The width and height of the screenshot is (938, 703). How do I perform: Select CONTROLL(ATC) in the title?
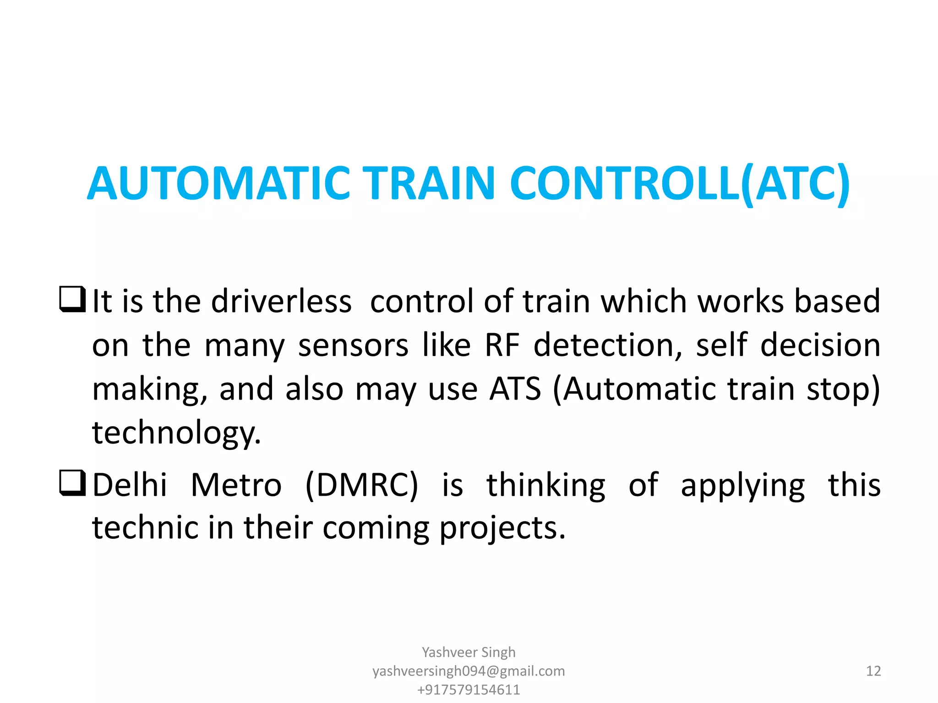pyautogui.click(x=680, y=183)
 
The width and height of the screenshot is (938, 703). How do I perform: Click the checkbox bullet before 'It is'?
pyautogui.click(x=72, y=299)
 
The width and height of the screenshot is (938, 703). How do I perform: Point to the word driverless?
pyautogui.click(x=281, y=302)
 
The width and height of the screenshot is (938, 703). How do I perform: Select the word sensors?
pyautogui.click(x=353, y=346)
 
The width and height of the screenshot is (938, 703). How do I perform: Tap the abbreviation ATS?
pyautogui.click(x=515, y=389)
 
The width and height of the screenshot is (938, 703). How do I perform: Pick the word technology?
pyautogui.click(x=176, y=433)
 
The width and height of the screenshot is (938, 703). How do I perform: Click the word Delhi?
pyautogui.click(x=130, y=485)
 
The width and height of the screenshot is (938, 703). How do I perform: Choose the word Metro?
pyautogui.click(x=236, y=485)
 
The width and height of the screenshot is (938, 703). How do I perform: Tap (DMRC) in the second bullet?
pyautogui.click(x=361, y=485)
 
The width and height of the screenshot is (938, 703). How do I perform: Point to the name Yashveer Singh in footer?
pyautogui.click(x=469, y=652)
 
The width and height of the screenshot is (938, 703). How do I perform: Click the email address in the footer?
pyautogui.click(x=469, y=671)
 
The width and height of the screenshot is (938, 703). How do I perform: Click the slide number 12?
pyautogui.click(x=873, y=671)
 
